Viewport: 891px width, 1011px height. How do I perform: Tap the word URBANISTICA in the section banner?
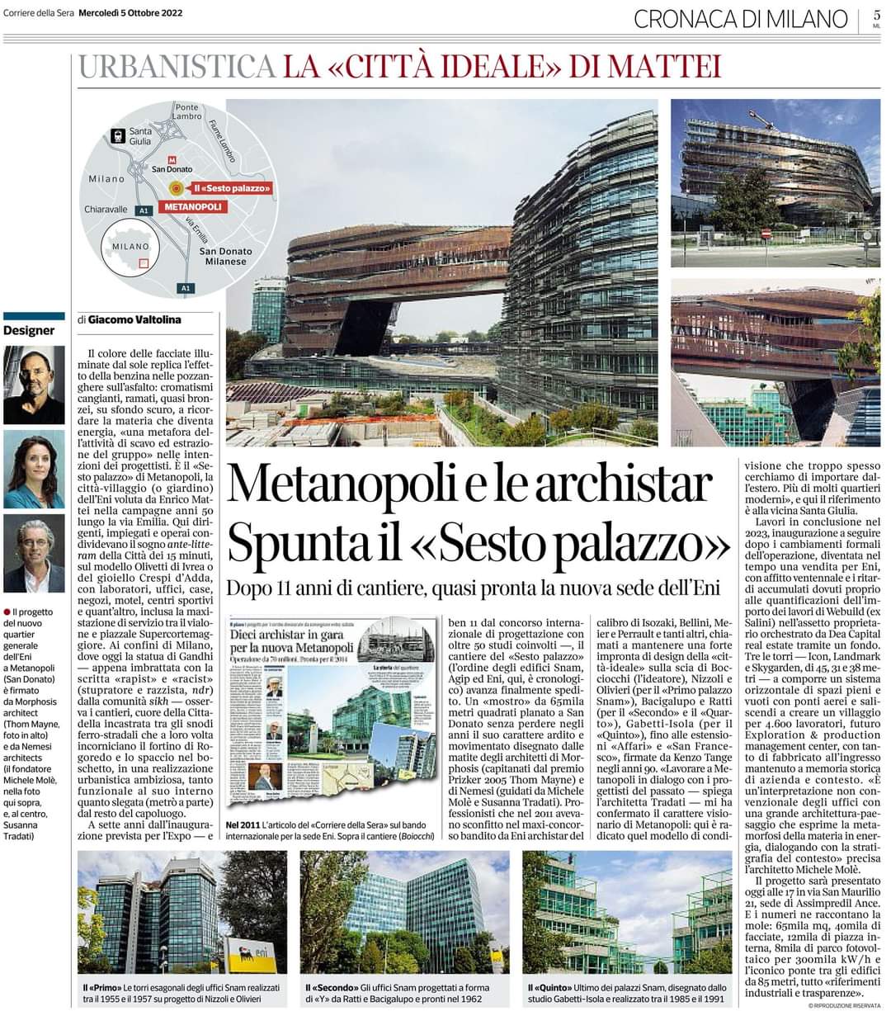click(x=176, y=67)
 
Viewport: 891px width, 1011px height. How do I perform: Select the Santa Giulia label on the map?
click(x=140, y=136)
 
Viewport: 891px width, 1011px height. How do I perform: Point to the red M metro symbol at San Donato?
click(x=172, y=159)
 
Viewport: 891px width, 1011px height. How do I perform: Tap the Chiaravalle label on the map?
click(x=106, y=210)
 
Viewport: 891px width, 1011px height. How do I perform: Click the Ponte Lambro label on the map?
click(x=187, y=111)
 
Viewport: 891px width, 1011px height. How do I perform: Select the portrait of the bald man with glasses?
click(x=34, y=384)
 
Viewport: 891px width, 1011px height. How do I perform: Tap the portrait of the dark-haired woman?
click(x=34, y=468)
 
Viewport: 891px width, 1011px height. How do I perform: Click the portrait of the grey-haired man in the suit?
click(x=34, y=554)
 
